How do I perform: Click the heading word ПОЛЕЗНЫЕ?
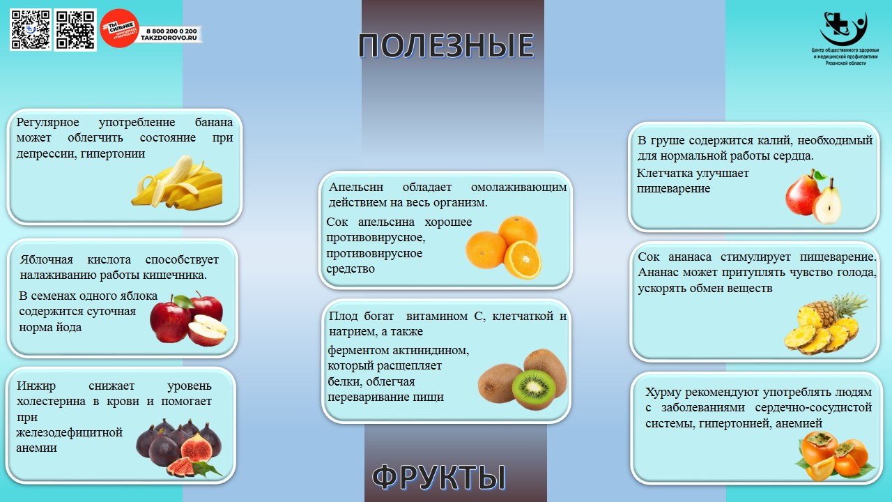(x=446, y=46)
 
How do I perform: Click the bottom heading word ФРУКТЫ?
(x=439, y=477)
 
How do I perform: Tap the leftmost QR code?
(x=30, y=30)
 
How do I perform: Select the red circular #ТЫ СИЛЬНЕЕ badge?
(x=119, y=29)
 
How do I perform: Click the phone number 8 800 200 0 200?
(x=171, y=31)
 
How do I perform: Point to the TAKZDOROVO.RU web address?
(x=169, y=38)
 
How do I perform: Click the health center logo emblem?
(x=843, y=29)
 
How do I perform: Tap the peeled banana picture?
(x=177, y=182)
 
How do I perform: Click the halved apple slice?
(x=207, y=330)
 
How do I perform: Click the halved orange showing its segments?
(x=523, y=259)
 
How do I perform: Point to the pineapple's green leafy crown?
(x=850, y=305)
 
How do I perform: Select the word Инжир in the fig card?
(x=36, y=386)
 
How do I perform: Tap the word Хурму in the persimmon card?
(x=663, y=392)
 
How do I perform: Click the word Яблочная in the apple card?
(x=46, y=260)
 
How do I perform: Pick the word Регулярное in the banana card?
(x=47, y=122)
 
